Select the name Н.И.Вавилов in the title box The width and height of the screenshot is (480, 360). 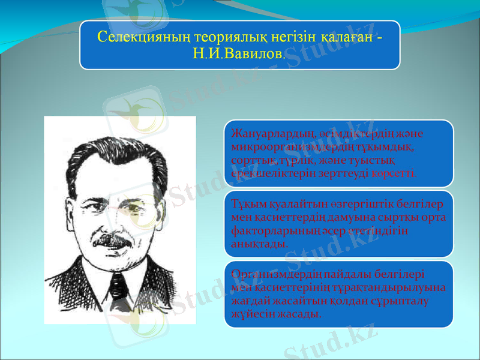tap(238, 53)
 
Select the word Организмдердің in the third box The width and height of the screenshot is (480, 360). tap(272, 274)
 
